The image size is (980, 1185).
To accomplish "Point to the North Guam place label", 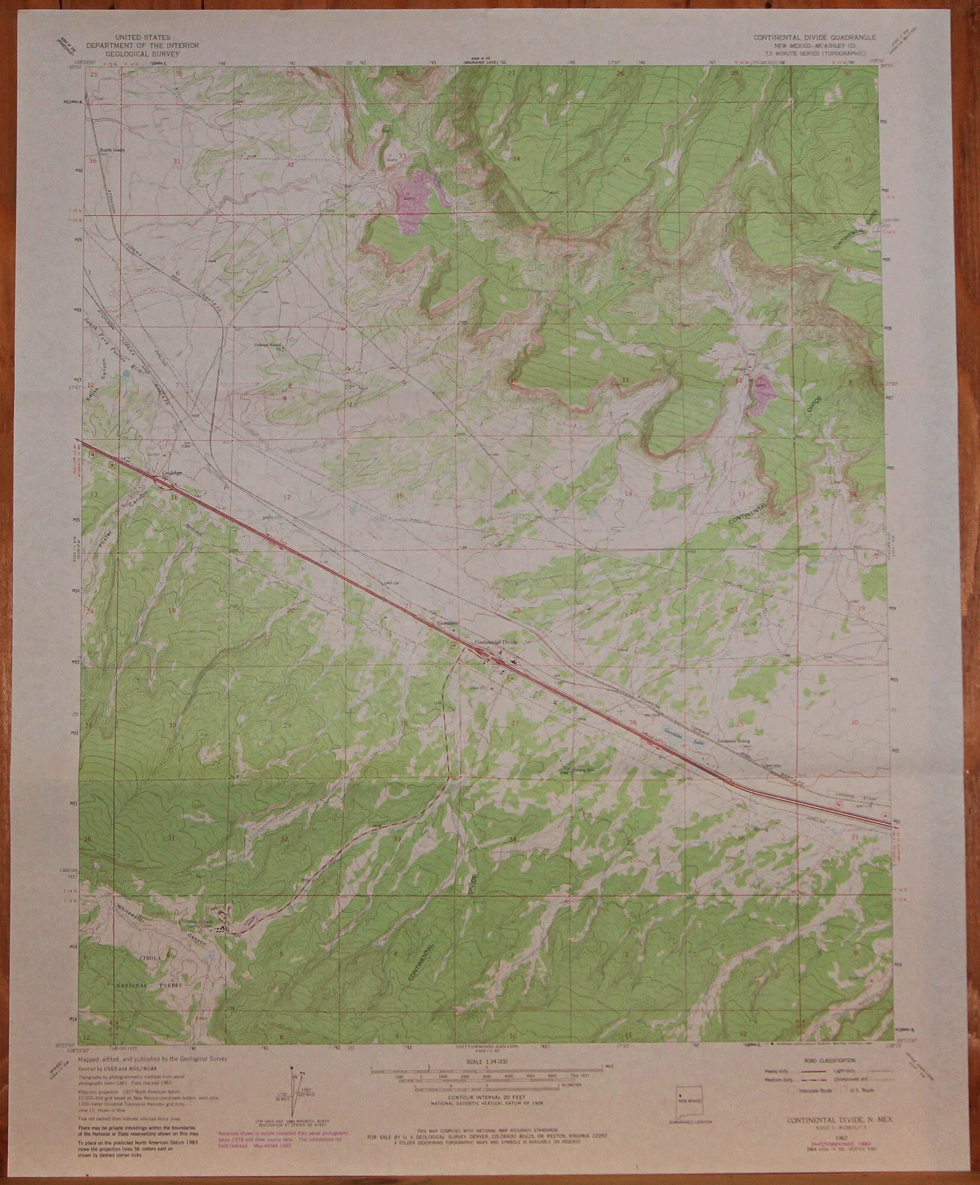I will tap(109, 150).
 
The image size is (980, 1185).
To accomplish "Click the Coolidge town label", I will tap(171, 473).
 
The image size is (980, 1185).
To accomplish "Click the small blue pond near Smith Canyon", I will tap(126, 374).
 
